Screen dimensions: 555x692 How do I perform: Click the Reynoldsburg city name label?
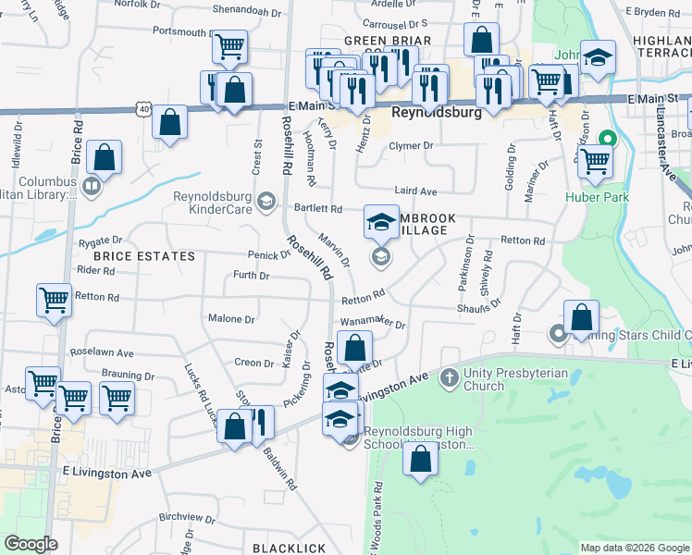[x=438, y=113]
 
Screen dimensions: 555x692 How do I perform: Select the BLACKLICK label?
[x=289, y=548]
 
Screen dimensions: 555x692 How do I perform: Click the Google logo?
[x=31, y=544]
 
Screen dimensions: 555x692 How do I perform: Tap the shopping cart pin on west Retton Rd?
[x=55, y=299]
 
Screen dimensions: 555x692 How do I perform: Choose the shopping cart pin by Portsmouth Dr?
[x=229, y=46]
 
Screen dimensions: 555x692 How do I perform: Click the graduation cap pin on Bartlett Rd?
[x=382, y=221]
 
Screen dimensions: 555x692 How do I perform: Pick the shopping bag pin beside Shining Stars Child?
[x=582, y=317]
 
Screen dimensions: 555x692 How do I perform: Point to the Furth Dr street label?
[x=251, y=276]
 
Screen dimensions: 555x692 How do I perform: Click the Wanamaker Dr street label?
[x=373, y=323]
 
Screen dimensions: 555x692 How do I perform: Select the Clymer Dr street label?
[x=411, y=146]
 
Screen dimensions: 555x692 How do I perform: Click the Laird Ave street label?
[x=415, y=191]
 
